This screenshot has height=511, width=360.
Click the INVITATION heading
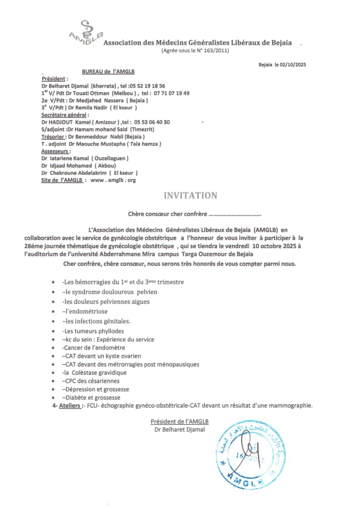click(190, 195)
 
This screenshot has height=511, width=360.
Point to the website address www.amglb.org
click(112, 181)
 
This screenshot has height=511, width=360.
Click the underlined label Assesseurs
click(56, 151)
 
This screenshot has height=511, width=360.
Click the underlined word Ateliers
click(69, 405)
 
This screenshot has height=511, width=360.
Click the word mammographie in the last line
click(290, 405)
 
